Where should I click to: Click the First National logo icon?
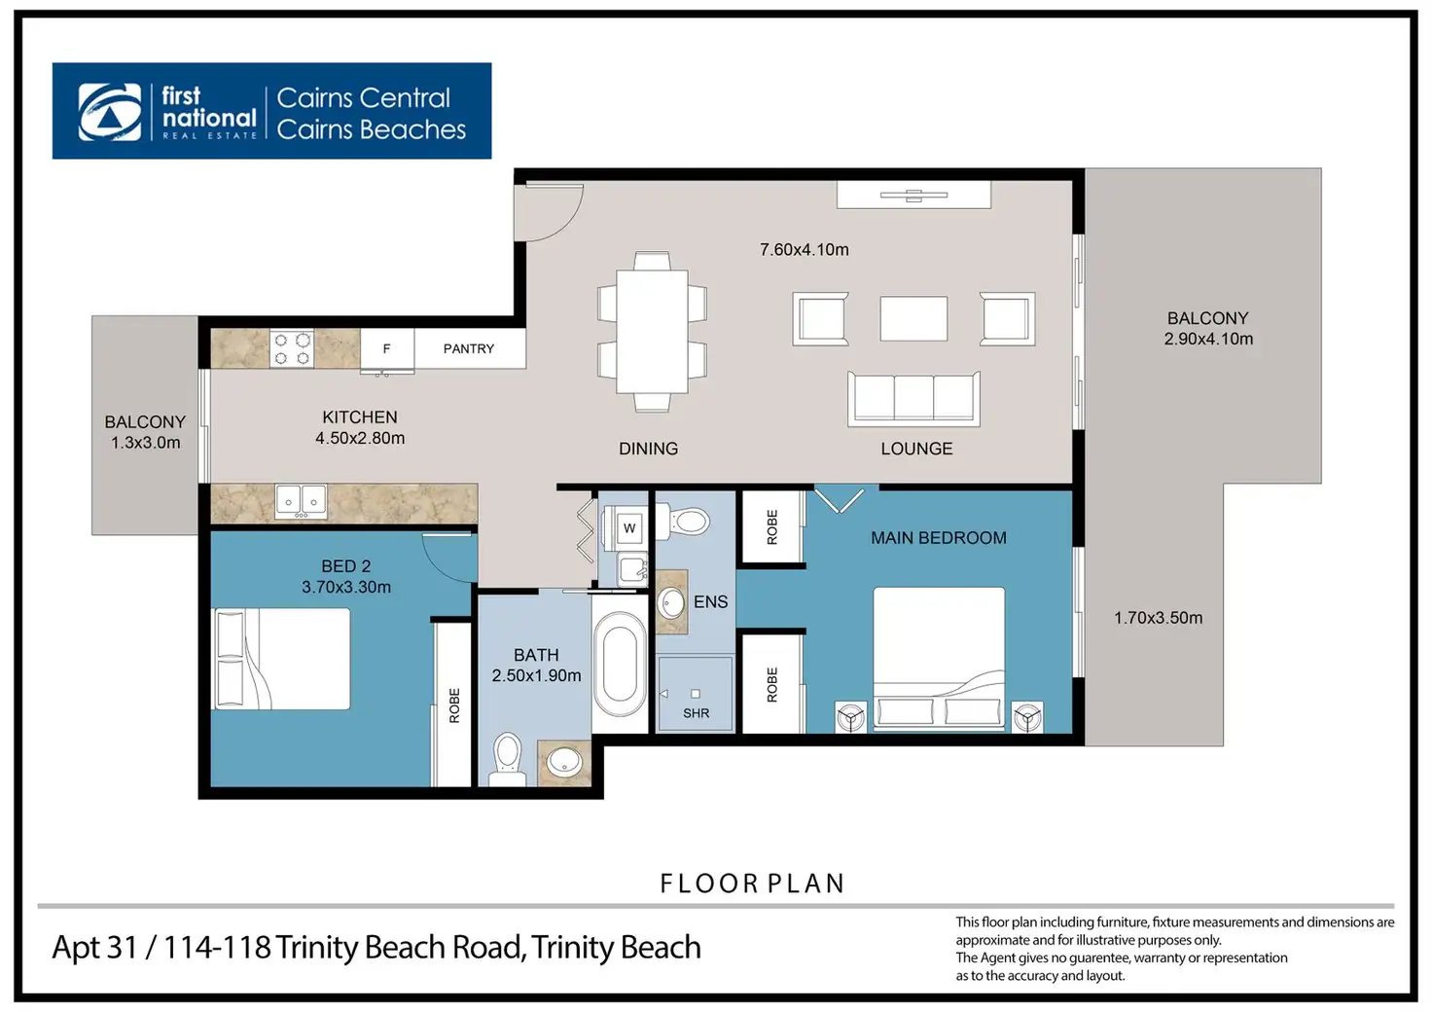pyautogui.click(x=109, y=111)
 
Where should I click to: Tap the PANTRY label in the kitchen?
pyautogui.click(x=469, y=348)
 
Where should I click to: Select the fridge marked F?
pyautogui.click(x=387, y=349)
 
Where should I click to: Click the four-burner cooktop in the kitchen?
pyautogui.click(x=292, y=348)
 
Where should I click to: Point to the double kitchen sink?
pyautogui.click(x=301, y=500)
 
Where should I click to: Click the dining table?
pyautogui.click(x=652, y=331)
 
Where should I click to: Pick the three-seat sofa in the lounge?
pyautogui.click(x=913, y=398)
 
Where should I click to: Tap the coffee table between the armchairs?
pyautogui.click(x=913, y=318)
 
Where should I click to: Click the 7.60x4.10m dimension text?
pyautogui.click(x=805, y=249)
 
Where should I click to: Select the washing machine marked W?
pyautogui.click(x=629, y=527)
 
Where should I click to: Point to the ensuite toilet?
pyautogui.click(x=682, y=521)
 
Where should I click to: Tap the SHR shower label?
pyautogui.click(x=697, y=713)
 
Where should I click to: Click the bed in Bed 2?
pyautogui.click(x=280, y=659)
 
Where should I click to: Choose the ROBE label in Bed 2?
pyautogui.click(x=454, y=705)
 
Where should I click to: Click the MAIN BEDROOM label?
pyautogui.click(x=939, y=538)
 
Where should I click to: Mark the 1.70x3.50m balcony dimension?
pyautogui.click(x=1158, y=618)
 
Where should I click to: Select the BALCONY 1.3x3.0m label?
pyautogui.click(x=145, y=432)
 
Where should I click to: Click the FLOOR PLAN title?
pyautogui.click(x=752, y=883)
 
